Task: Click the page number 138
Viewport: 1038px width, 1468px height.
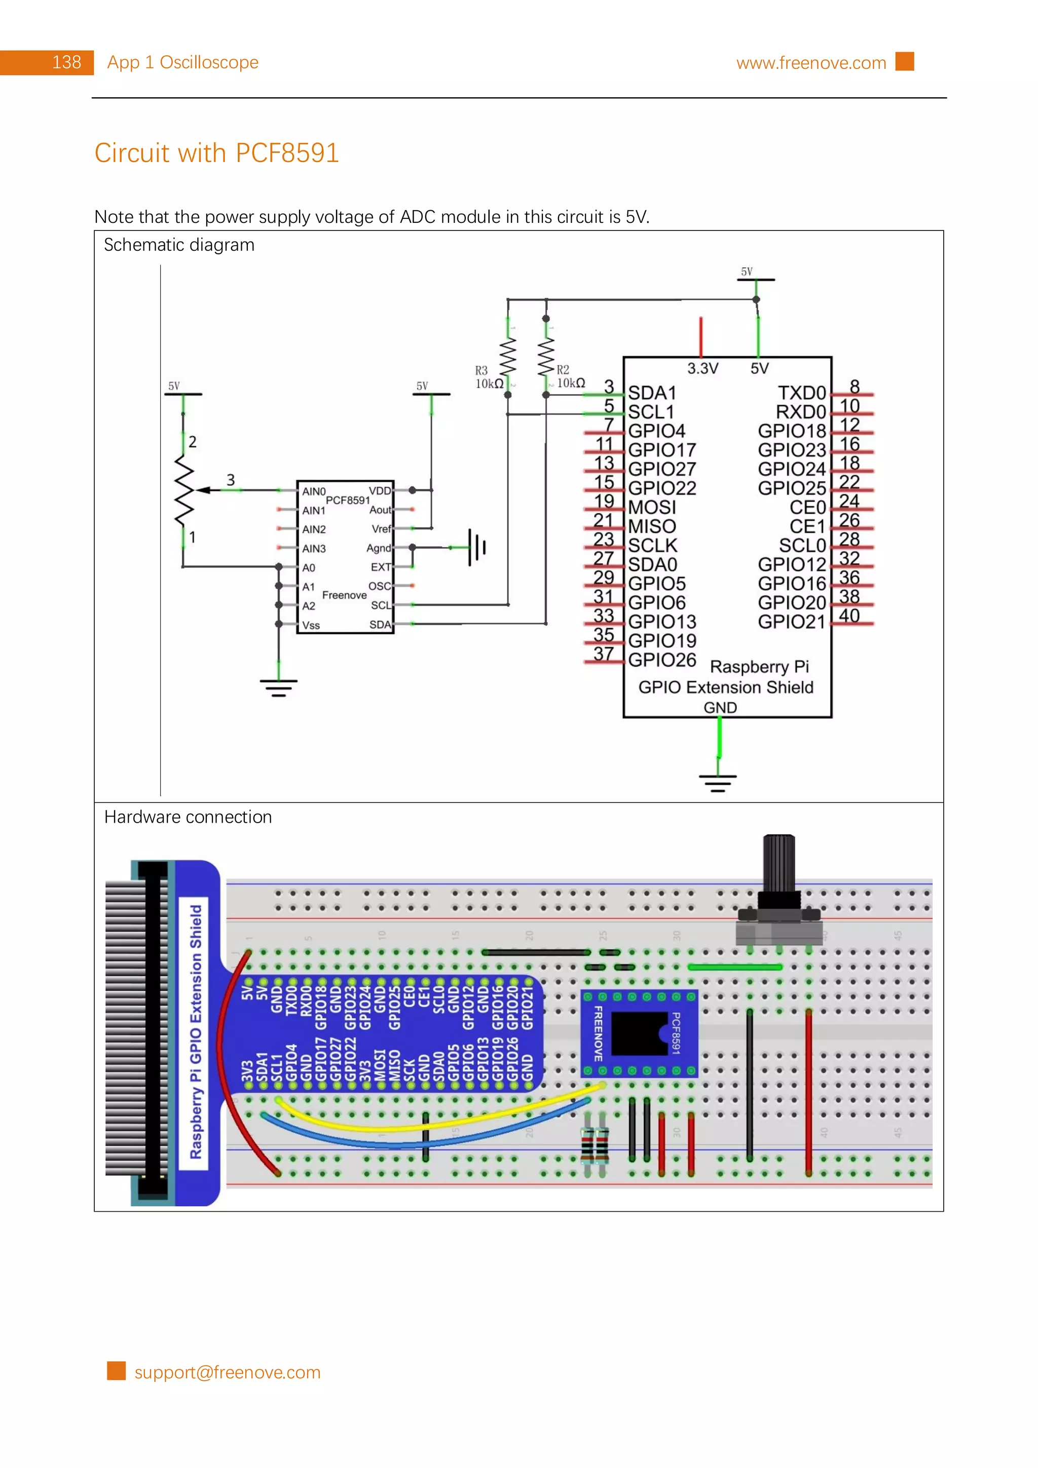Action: pos(66,63)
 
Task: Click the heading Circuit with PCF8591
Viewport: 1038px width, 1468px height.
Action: pos(216,153)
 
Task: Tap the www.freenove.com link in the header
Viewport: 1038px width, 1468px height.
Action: pos(810,63)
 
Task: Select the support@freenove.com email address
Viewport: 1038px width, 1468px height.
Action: pos(227,1372)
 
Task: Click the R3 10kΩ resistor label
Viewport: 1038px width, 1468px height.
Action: pos(488,377)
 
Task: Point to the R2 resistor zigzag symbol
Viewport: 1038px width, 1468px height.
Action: pos(545,357)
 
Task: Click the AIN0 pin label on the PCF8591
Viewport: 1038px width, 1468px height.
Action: pos(313,491)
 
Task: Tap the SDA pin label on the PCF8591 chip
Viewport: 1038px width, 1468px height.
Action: pos(380,624)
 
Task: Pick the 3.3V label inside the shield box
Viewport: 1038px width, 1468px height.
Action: pos(702,368)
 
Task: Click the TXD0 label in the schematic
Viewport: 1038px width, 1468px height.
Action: pos(801,393)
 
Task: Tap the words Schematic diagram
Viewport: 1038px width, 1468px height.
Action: pos(179,245)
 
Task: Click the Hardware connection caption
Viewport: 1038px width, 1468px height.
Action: pos(188,817)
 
